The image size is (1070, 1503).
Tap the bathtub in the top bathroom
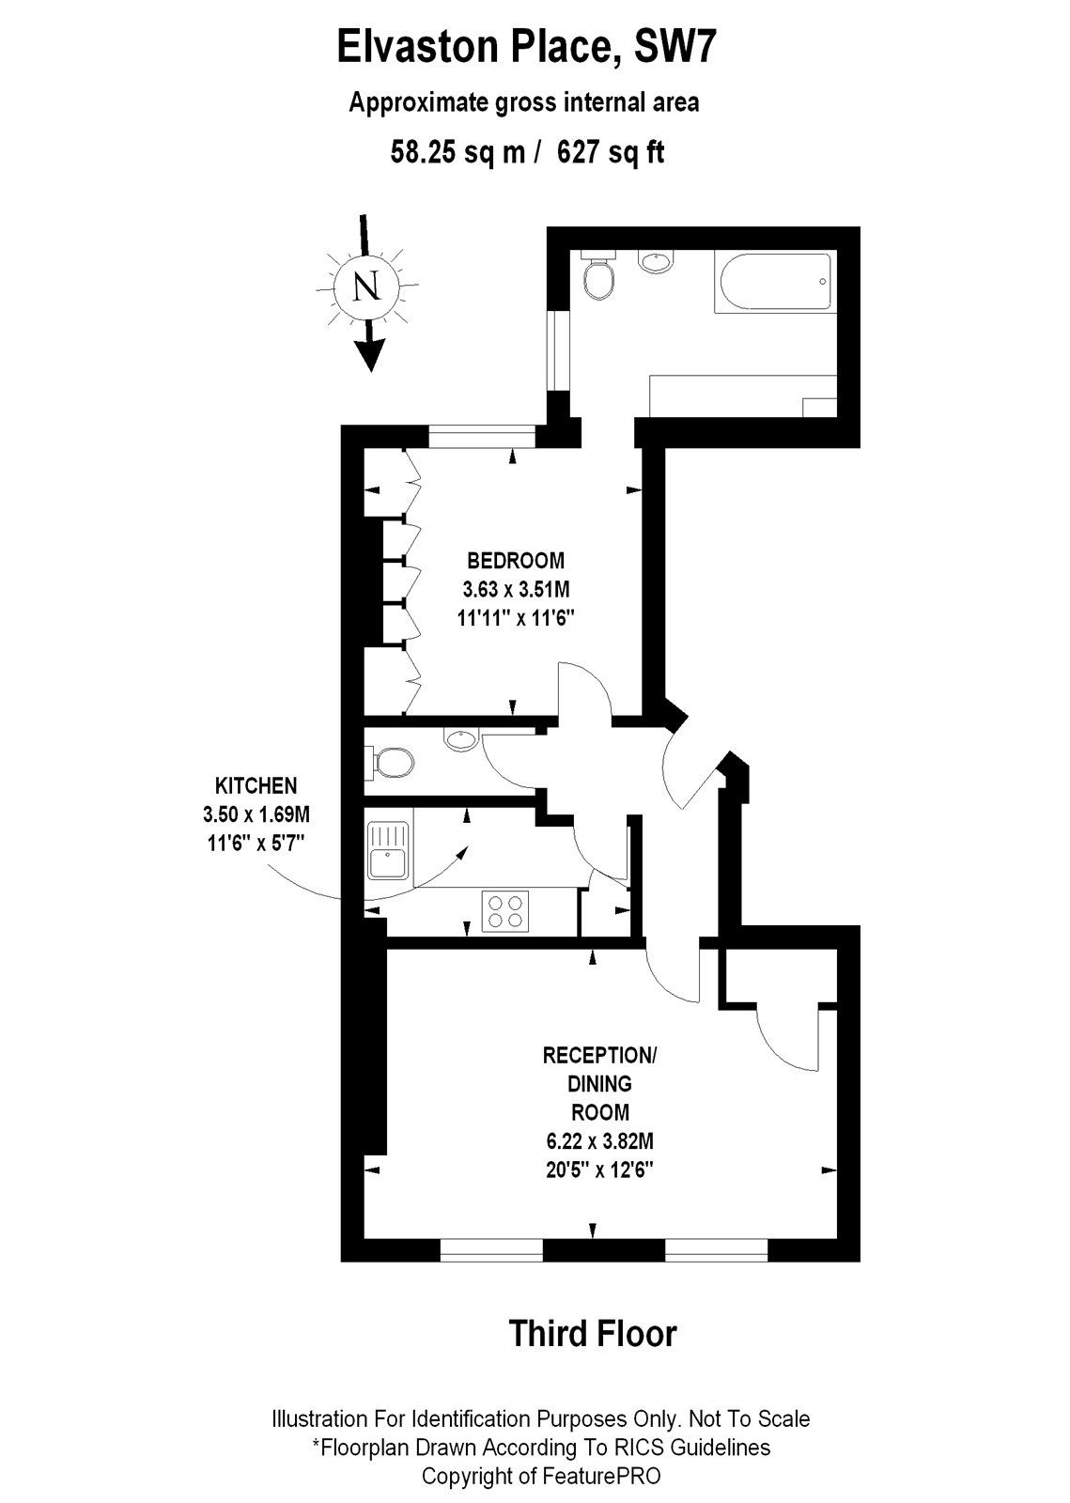[x=773, y=282]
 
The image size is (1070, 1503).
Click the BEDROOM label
[x=516, y=561]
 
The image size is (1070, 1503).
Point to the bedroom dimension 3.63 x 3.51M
[x=516, y=590]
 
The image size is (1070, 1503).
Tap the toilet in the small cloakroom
[x=392, y=762]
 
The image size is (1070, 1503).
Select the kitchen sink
[x=386, y=848]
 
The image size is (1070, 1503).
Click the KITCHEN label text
[x=256, y=785]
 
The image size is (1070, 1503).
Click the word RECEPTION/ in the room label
[x=600, y=1055]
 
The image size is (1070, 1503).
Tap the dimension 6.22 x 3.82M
[x=600, y=1141]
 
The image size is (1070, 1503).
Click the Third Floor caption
[x=592, y=1333]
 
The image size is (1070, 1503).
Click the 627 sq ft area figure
[x=611, y=151]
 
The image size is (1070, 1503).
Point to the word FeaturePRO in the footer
[x=600, y=1476]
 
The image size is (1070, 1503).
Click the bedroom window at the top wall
[x=482, y=437]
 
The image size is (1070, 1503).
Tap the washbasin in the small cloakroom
[x=461, y=740]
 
